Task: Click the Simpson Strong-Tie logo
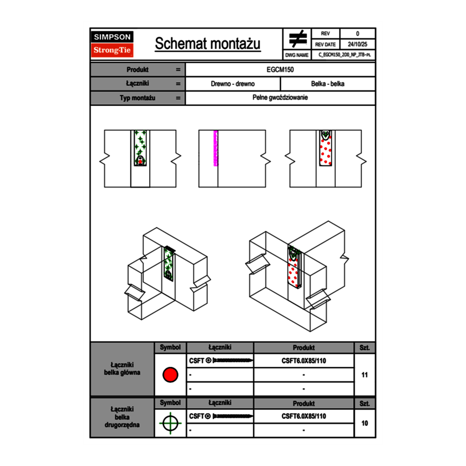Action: pos(113,44)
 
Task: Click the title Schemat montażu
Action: pos(208,44)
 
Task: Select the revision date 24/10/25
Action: pos(357,44)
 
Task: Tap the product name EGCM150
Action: pos(280,70)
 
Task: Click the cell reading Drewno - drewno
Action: pos(232,84)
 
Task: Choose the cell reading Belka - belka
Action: pos(328,84)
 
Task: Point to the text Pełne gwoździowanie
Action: pos(280,98)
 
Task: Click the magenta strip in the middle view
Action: pos(216,148)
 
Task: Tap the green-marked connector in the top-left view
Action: pos(140,148)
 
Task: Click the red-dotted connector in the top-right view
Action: pos(326,149)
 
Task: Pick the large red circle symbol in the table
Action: pos(170,375)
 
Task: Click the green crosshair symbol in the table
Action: pos(170,423)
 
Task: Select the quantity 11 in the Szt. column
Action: pos(364,375)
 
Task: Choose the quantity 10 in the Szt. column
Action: pos(364,423)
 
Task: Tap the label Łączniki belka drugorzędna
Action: pos(122,417)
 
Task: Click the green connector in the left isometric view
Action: pos(169,264)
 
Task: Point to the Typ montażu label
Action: pos(137,98)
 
